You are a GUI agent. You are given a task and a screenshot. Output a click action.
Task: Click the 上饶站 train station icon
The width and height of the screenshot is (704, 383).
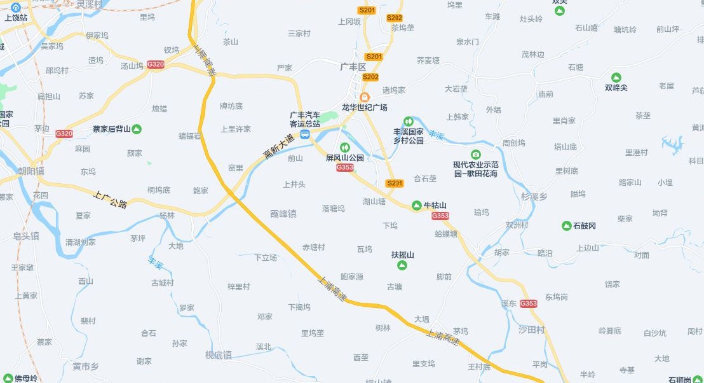(16, 7)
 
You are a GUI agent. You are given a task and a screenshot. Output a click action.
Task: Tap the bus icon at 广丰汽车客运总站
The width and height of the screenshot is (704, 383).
(305, 134)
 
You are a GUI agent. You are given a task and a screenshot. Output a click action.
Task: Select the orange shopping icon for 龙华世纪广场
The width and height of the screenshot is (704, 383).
(364, 96)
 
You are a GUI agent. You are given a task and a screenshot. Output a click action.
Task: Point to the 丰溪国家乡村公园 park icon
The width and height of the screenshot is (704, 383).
(408, 121)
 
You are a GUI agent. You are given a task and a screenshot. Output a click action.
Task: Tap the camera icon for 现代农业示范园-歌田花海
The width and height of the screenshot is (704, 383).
(476, 154)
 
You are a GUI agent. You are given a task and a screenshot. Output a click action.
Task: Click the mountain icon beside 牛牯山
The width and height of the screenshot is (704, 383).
(417, 205)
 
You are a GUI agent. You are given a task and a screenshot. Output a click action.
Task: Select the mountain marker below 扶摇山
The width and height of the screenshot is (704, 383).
(402, 265)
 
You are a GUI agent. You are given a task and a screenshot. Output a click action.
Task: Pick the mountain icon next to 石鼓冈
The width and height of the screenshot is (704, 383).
(566, 226)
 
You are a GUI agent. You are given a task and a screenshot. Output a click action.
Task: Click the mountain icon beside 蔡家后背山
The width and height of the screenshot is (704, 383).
(137, 129)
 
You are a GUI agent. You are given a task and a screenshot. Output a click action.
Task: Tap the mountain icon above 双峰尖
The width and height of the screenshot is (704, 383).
(616, 77)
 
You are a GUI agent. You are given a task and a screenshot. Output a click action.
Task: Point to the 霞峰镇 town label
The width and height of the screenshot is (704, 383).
(283, 214)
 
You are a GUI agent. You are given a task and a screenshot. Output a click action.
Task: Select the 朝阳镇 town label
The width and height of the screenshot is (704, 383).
(31, 171)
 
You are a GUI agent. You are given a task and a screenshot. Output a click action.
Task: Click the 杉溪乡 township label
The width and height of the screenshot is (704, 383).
(534, 197)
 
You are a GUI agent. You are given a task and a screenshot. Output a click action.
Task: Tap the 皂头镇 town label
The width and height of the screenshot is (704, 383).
(26, 235)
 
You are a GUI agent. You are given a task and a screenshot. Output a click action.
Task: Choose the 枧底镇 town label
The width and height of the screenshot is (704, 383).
(219, 354)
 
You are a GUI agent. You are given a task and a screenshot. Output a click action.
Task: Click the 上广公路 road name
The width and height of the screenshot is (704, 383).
(111, 200)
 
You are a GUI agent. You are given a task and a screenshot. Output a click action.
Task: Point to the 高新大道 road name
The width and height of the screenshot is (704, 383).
(278, 146)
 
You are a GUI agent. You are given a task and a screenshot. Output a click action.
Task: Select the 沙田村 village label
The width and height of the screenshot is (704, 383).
(532, 330)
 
